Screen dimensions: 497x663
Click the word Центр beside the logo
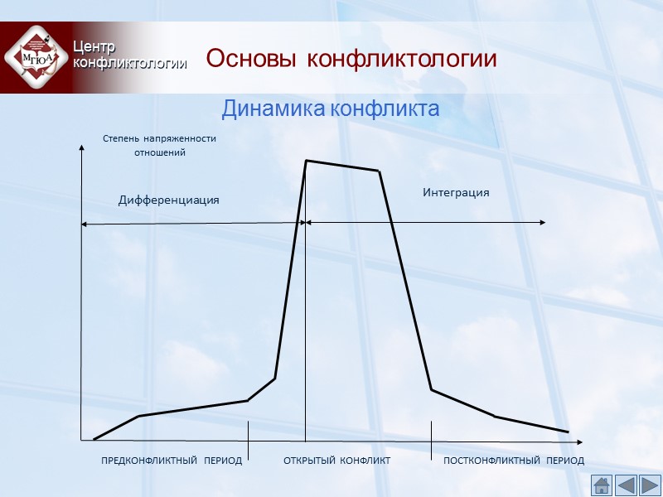coord(94,46)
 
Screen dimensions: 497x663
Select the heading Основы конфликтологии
coord(351,60)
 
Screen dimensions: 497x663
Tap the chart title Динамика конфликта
coord(330,109)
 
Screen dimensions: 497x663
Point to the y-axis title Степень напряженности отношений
coord(159,146)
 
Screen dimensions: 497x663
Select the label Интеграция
coord(456,192)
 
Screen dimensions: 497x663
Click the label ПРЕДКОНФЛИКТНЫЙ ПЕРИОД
coord(172,461)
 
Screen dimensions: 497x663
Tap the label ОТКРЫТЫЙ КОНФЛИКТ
coord(336,461)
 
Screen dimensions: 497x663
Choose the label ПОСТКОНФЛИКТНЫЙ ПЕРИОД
coord(514,461)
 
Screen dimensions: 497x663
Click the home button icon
coord(602,485)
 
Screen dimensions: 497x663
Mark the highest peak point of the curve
coord(307,161)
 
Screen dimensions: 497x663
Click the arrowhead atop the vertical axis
coord(81,148)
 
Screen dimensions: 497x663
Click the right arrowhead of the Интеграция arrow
coord(542,222)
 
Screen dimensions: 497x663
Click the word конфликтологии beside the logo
coord(128,62)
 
